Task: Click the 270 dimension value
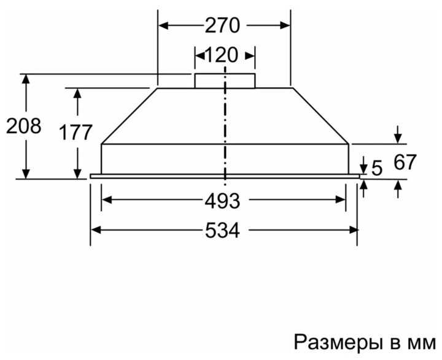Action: [222, 26]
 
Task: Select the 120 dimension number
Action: [221, 55]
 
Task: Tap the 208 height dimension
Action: [23, 126]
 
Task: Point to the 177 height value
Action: [76, 132]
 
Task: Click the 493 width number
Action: [222, 201]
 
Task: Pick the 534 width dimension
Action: [222, 230]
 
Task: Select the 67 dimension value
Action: [405, 163]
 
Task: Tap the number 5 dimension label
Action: [377, 167]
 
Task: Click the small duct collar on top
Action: [225, 81]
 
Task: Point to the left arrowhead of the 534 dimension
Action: [96, 229]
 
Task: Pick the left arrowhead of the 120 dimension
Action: [199, 56]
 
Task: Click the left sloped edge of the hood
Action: [128, 116]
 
